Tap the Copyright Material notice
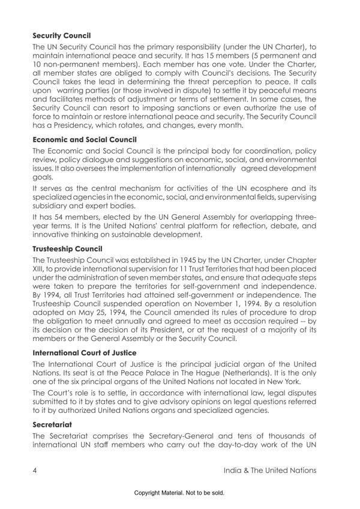(179, 494)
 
